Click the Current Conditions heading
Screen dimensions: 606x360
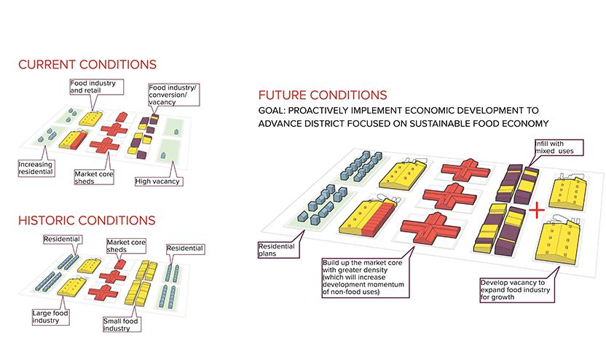(87, 66)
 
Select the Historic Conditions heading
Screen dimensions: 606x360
(87, 219)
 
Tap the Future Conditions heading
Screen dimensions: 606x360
(323, 95)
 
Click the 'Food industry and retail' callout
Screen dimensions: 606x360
(93, 87)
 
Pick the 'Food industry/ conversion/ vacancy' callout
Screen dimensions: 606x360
(173, 96)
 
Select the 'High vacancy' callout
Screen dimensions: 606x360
(159, 180)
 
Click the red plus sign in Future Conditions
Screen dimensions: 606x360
(536, 211)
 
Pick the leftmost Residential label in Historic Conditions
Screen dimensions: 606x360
(62, 238)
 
